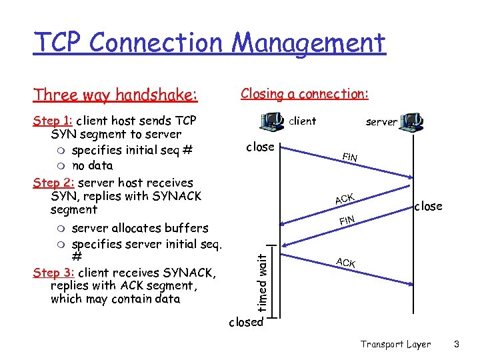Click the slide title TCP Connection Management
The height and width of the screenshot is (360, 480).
click(209, 43)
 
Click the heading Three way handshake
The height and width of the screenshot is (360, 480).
click(115, 95)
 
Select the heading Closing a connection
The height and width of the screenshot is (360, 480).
click(305, 94)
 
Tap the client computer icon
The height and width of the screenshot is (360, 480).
click(273, 121)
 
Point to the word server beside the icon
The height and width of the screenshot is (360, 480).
click(381, 122)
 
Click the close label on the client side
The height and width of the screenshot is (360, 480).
click(260, 147)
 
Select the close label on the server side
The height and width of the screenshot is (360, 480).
click(428, 206)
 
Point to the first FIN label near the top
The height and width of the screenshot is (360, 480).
click(349, 157)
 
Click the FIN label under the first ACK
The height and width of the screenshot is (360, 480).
click(347, 219)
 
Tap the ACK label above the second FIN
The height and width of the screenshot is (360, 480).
click(344, 199)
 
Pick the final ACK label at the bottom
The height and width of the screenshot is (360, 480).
click(345, 263)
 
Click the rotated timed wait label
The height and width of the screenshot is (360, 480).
click(264, 279)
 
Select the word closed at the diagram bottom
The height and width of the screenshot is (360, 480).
click(246, 322)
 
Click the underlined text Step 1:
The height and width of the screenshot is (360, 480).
click(53, 121)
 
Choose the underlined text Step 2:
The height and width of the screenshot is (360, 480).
click(53, 183)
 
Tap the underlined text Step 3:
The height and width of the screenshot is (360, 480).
click(53, 273)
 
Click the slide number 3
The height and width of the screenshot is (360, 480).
click(457, 344)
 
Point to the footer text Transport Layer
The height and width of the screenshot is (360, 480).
click(395, 344)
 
